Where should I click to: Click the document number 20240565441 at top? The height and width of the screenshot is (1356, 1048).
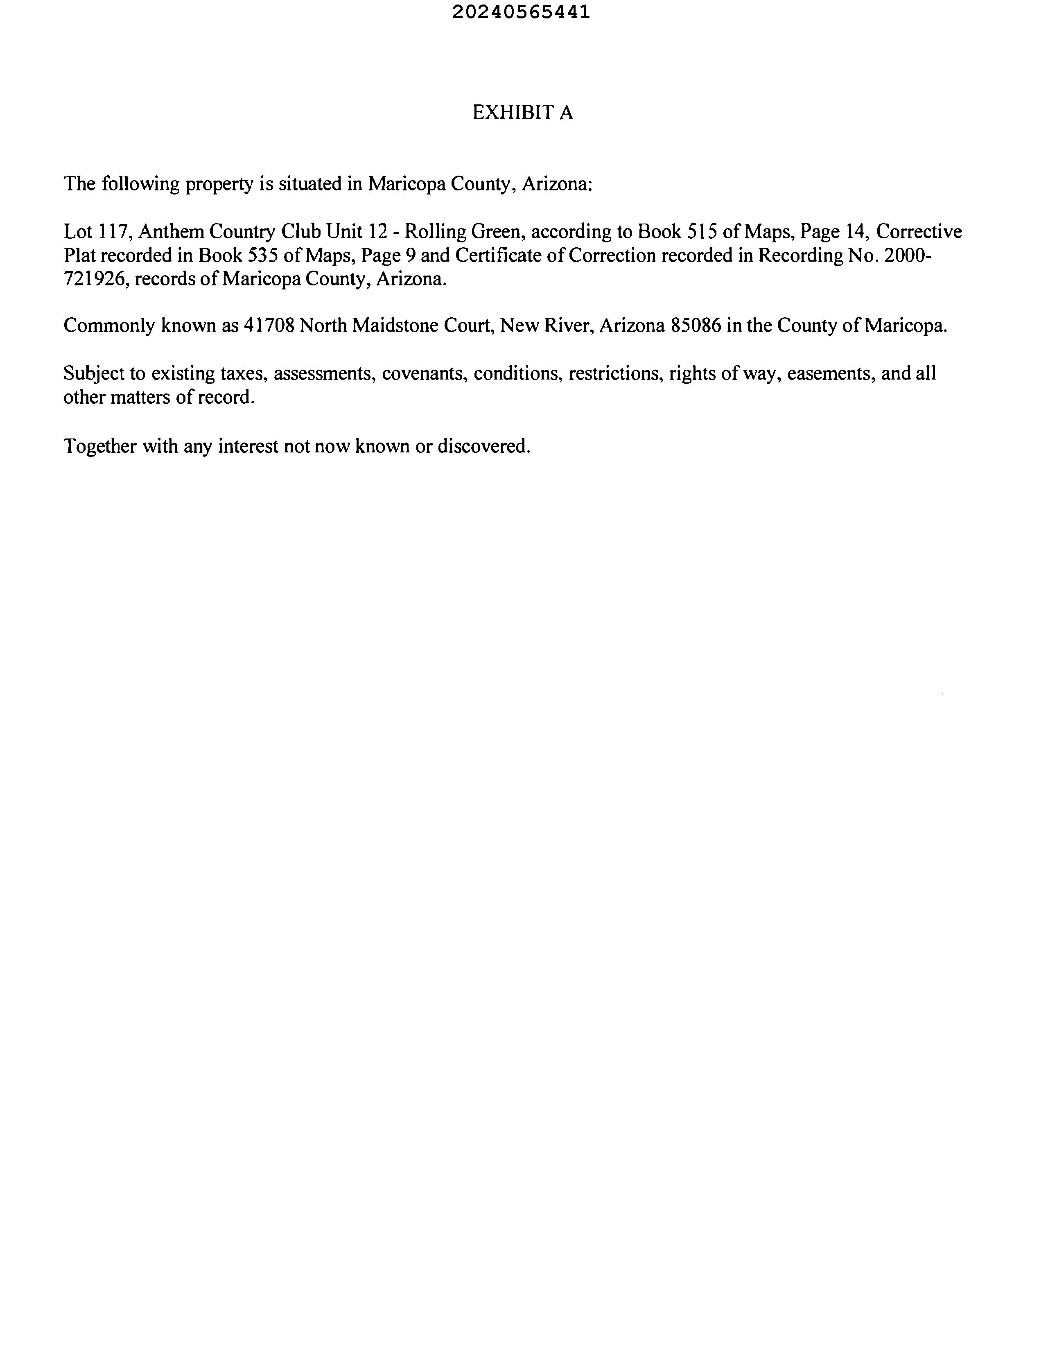pos(520,12)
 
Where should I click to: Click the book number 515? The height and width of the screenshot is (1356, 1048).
pos(702,232)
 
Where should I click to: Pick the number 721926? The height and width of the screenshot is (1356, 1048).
pos(95,279)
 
